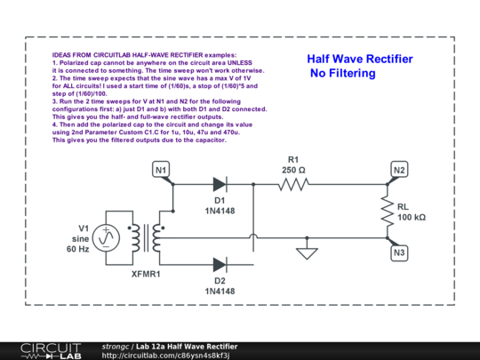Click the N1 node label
tap(161, 169)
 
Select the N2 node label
tap(399, 169)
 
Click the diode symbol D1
tap(220, 185)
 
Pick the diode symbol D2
tap(220, 263)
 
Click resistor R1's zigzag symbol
tap(292, 185)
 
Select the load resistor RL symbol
tap(388, 212)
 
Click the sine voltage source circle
tap(107, 236)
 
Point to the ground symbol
tap(308, 253)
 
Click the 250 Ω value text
tap(293, 169)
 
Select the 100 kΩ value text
tap(412, 217)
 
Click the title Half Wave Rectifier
tap(360, 59)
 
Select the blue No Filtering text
tap(343, 74)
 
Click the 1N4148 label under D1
tap(220, 212)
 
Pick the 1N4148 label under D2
tap(220, 291)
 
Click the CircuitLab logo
tap(44, 349)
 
